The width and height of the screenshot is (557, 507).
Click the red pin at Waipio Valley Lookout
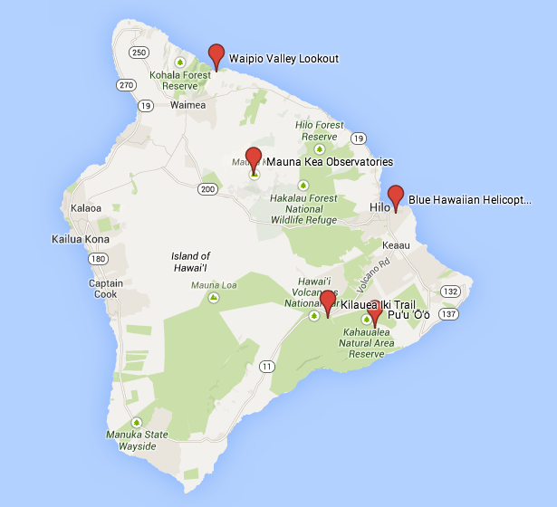[x=216, y=54]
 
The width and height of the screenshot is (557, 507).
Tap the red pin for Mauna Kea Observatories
[x=254, y=158]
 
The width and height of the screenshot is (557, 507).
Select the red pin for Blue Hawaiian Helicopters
[x=395, y=196]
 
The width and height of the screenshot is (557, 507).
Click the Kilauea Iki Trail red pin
[x=328, y=301]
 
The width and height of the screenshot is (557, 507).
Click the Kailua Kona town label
[x=81, y=240]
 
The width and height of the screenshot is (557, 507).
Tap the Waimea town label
[x=188, y=105]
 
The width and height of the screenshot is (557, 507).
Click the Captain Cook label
[x=105, y=288]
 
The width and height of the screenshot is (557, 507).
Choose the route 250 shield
[x=139, y=53]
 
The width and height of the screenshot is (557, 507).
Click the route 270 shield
[x=125, y=85]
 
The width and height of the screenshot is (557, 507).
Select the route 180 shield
[x=98, y=260]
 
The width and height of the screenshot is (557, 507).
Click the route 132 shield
[x=451, y=291]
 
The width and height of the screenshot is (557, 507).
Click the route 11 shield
[x=266, y=366]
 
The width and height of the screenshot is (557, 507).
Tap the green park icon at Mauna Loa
[x=214, y=297]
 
